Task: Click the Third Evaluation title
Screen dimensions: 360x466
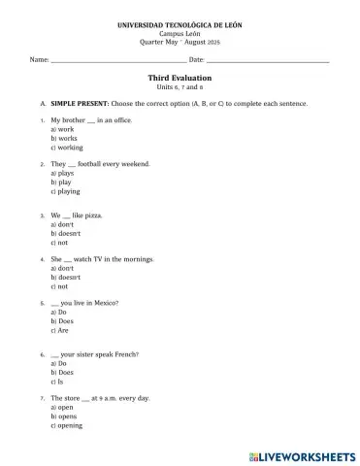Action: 180,77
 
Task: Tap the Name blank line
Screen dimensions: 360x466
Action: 117,62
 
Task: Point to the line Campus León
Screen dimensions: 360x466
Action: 180,33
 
